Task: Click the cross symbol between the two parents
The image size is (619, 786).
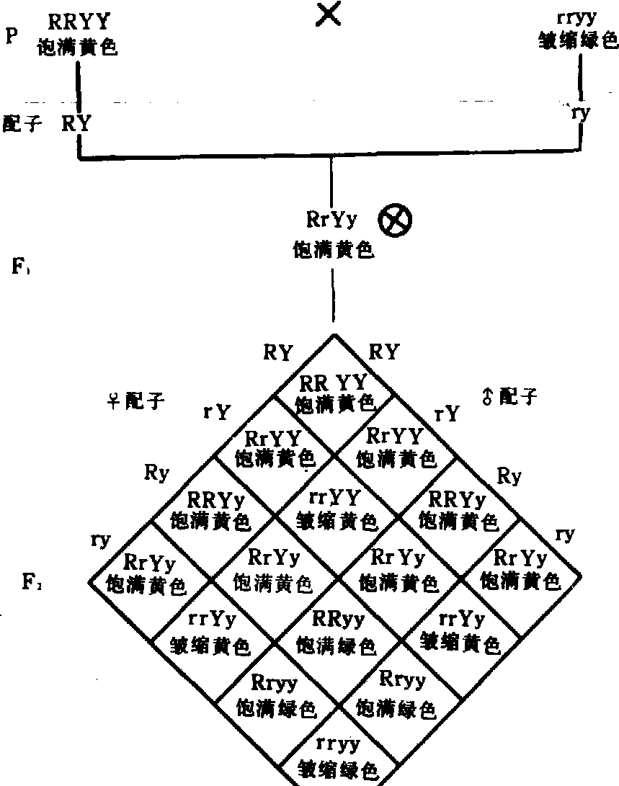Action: click(329, 14)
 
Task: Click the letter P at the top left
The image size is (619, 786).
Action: click(11, 37)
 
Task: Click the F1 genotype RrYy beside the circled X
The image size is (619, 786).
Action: click(332, 220)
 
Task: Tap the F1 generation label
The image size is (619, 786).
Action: click(19, 267)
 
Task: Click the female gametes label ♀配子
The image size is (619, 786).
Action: click(135, 401)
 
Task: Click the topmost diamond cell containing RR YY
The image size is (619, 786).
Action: click(334, 392)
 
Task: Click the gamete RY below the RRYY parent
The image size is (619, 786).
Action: click(76, 123)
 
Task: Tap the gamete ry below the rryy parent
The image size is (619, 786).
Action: click(579, 113)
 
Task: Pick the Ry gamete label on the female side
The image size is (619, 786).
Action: click(156, 473)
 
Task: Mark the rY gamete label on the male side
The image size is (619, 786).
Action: click(445, 414)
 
